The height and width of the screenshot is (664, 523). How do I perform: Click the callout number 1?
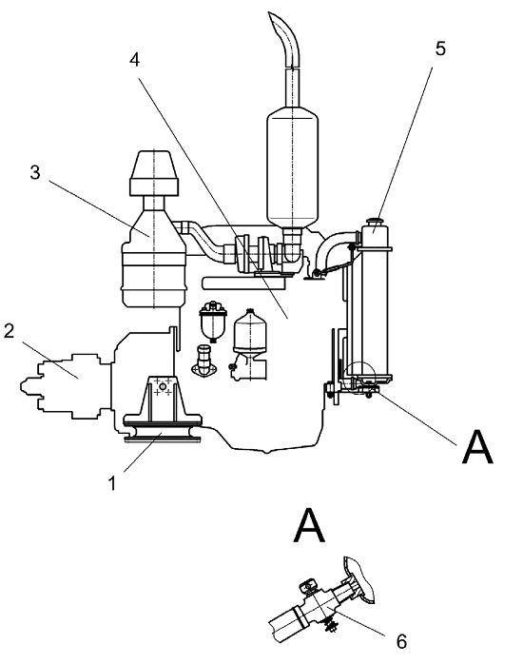pos(111,482)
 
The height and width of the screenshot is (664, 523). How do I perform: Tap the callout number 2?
pos(9,331)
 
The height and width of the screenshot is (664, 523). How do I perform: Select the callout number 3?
pos(35,172)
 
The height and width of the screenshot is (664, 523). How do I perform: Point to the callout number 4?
pos(135,60)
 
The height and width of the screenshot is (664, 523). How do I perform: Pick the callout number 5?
pos(440,49)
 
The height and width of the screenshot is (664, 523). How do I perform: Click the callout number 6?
pos(401,641)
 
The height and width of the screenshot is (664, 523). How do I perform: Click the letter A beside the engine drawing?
pos(477,447)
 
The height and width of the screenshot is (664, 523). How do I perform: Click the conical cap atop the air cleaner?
pos(154,165)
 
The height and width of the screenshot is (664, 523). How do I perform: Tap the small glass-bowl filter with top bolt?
pos(213,321)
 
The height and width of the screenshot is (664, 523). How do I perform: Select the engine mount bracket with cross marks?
pos(163,400)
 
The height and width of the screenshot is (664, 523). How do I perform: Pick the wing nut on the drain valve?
pos(308,586)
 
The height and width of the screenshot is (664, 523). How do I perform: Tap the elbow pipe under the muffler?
pos(293,245)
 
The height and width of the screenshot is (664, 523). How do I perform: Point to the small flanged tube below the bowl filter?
pos(204,360)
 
